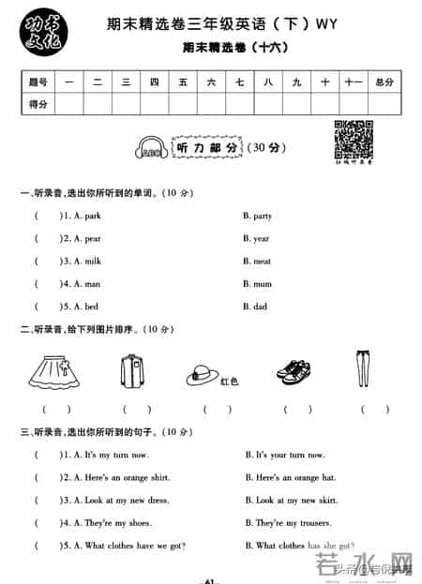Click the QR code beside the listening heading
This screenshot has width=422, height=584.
click(349, 137)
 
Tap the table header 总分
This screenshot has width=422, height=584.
click(384, 82)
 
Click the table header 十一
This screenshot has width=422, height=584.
click(353, 82)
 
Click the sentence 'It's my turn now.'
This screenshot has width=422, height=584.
click(116, 455)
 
